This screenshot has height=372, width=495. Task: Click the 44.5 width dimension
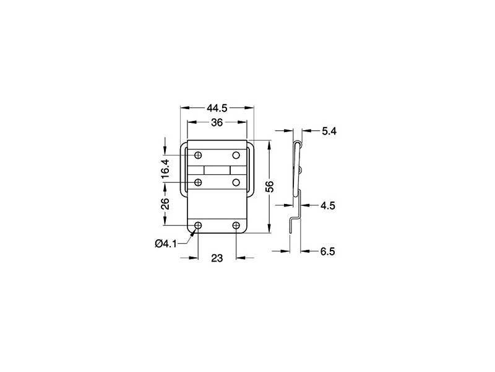click(217, 108)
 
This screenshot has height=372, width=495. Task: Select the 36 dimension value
click(217, 123)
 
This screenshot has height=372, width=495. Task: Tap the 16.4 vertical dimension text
click(165, 169)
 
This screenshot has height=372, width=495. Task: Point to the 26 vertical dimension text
click(165, 204)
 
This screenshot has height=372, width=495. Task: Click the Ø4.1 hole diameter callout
click(166, 243)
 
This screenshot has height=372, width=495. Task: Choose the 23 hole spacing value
click(217, 259)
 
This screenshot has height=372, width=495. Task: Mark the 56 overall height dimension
click(269, 187)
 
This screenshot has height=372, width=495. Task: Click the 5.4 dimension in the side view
click(329, 131)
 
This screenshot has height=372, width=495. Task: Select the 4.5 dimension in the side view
click(329, 206)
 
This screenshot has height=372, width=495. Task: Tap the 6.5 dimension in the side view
click(329, 252)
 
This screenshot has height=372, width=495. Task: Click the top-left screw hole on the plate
click(198, 155)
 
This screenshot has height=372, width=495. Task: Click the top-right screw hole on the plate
click(236, 155)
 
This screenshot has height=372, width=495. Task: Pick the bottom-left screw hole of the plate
click(198, 225)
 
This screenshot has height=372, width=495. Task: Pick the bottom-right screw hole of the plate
click(236, 225)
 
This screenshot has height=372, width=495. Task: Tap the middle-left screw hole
click(198, 182)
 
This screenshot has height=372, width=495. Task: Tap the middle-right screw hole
click(236, 182)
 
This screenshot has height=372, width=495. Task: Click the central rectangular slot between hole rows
click(217, 169)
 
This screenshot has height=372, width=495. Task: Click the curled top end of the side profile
click(298, 144)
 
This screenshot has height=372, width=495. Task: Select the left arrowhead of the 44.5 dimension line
click(183, 108)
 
